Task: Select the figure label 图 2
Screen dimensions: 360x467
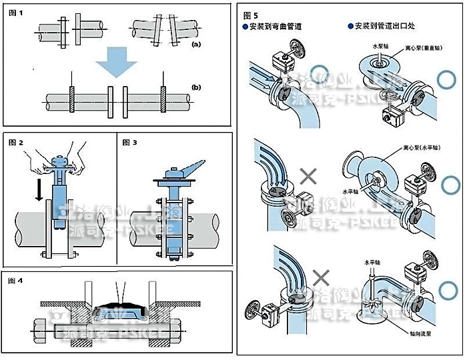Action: click(17, 143)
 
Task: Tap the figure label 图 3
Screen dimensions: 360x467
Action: click(130, 143)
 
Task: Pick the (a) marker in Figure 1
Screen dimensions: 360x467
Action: click(195, 44)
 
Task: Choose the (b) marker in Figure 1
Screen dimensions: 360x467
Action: click(195, 88)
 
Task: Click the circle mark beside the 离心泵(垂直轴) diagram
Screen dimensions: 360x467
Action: click(444, 79)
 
